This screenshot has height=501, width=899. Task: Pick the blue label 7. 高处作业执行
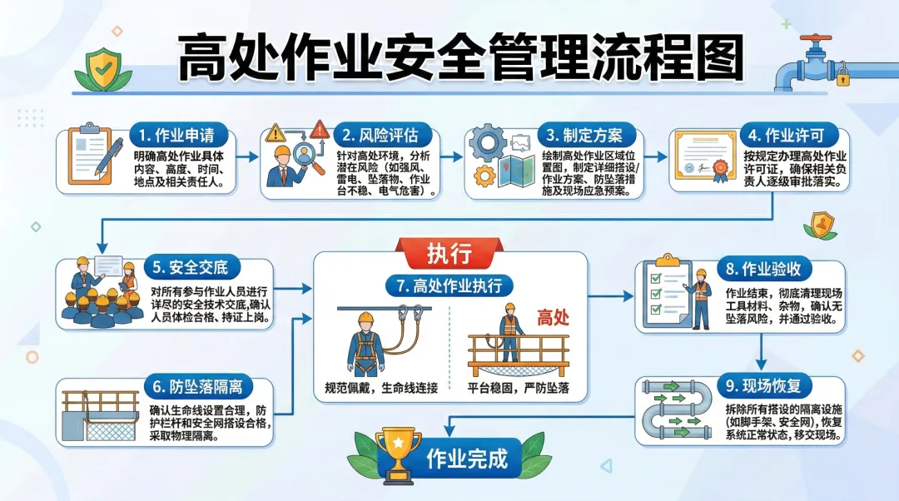click(x=449, y=286)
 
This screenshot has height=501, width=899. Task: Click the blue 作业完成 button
click(x=467, y=459)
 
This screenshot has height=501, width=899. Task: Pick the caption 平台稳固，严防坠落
click(x=518, y=387)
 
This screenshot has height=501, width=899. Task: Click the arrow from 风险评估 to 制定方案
click(x=453, y=156)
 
